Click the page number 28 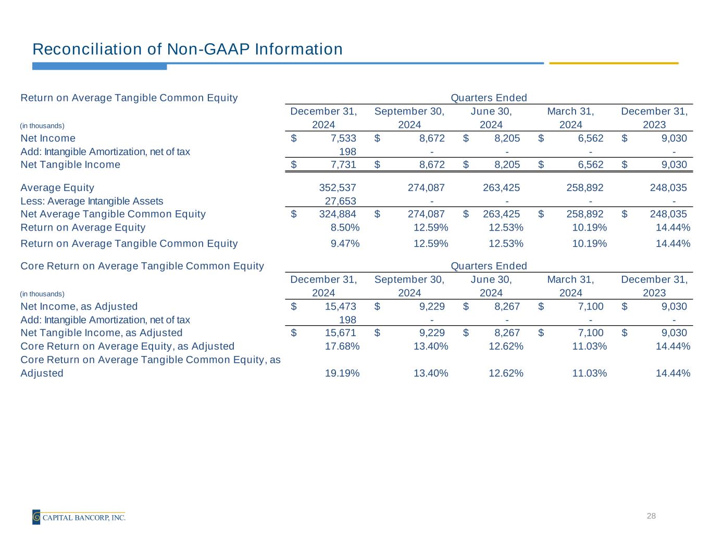651,516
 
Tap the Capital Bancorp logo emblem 36,517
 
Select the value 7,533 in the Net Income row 344,138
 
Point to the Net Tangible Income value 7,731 344,165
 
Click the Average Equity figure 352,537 338,188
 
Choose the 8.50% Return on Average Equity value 345,227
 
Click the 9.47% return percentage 345,244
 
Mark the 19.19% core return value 342,373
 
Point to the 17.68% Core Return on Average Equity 342,347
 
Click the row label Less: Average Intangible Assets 92,201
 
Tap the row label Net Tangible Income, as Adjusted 102,333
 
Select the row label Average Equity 57,188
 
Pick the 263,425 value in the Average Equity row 502,188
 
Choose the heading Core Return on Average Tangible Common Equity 142,266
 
